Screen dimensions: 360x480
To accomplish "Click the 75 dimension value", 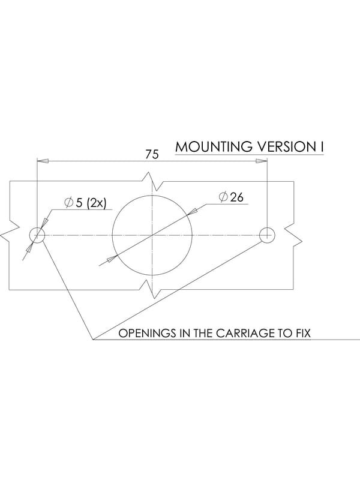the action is click(x=152, y=154).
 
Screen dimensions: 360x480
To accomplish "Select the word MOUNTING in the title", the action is click(x=214, y=146).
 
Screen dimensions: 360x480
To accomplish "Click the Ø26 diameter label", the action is click(x=231, y=197).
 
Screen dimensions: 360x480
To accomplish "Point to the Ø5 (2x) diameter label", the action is click(x=85, y=203).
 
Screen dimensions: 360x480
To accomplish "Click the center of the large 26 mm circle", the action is click(x=152, y=235).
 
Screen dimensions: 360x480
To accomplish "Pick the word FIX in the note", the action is click(x=303, y=333).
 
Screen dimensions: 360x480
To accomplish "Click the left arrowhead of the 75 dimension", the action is click(x=43, y=161).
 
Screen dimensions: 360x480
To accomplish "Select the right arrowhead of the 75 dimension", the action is click(x=262, y=161).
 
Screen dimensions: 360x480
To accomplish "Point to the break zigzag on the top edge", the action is click(x=152, y=181).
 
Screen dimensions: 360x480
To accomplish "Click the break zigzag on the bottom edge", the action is click(x=152, y=289).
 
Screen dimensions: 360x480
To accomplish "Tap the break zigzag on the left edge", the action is click(x=10, y=235).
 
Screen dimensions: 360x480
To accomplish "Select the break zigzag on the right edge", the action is click(x=293, y=235).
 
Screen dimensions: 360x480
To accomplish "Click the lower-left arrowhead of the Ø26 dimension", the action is click(x=112, y=259).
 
